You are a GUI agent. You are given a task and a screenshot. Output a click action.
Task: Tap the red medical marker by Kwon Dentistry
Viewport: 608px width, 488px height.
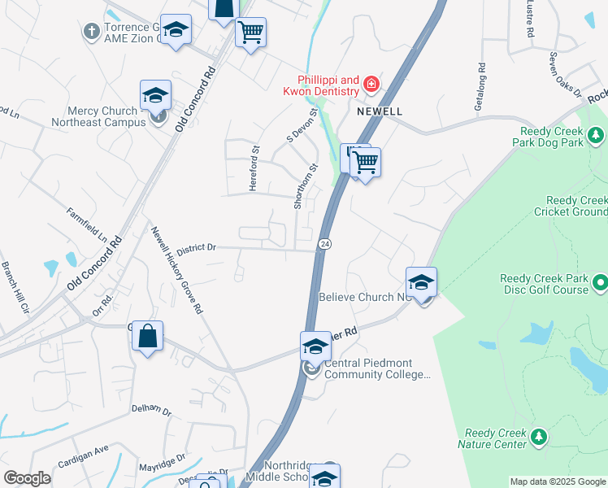click(x=371, y=83)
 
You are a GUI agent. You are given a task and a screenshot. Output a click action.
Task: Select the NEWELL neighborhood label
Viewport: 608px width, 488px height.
click(x=379, y=110)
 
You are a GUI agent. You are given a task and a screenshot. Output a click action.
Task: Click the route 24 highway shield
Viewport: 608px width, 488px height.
click(x=324, y=243)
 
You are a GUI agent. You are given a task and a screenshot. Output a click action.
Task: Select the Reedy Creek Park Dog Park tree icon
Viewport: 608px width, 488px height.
click(x=596, y=133)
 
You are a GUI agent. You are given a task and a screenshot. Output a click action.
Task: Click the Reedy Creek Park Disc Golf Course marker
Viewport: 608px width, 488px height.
click(x=600, y=283)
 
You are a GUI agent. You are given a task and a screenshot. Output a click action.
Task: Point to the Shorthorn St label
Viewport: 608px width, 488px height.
click(x=306, y=185)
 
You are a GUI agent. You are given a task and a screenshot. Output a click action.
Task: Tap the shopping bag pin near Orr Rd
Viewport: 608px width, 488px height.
click(x=147, y=337)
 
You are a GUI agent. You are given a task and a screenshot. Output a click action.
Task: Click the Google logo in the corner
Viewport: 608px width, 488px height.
click(x=27, y=478)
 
